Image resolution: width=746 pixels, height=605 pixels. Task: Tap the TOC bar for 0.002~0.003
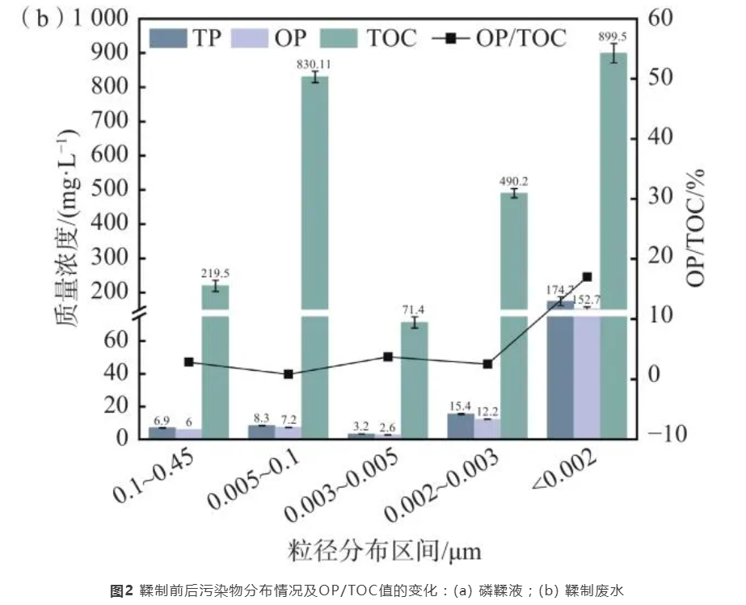coord(513,315)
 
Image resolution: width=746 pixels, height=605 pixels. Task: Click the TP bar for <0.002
coord(560,372)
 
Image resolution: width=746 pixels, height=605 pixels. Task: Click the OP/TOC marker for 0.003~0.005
coord(388,356)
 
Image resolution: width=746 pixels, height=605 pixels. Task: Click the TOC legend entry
coord(370,37)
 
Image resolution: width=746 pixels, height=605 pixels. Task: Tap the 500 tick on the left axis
coord(117,190)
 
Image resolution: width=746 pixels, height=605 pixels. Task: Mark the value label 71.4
coord(415,310)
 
